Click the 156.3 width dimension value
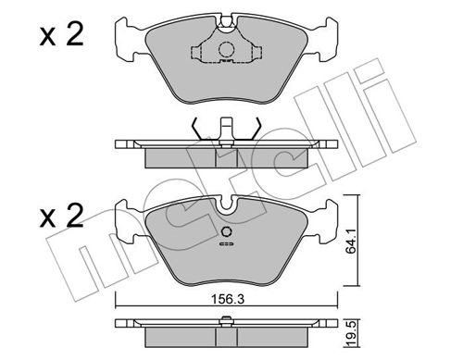(227, 299)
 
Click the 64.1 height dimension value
(351, 242)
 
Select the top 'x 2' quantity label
(61, 35)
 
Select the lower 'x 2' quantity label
(61, 216)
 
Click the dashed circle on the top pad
(227, 49)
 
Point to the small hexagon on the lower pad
(227, 231)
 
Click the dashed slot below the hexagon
(227, 244)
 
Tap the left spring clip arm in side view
(197, 129)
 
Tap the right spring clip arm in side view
(257, 129)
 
